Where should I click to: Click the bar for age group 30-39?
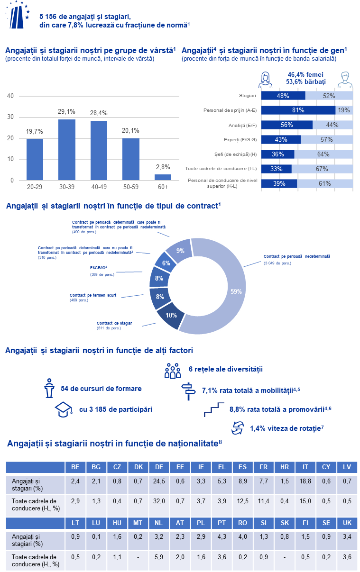[x=67, y=150]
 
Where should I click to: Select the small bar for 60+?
[x=163, y=177]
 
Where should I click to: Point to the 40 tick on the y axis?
[x=10, y=96]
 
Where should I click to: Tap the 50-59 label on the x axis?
[x=131, y=187]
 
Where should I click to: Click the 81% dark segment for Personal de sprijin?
[x=298, y=110]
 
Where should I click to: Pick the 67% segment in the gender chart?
[x=322, y=169]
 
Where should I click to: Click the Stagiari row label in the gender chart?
[x=247, y=96]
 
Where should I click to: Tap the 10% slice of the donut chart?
[x=171, y=315]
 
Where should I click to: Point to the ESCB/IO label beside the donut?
[x=98, y=268]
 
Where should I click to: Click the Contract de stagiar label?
[x=114, y=323]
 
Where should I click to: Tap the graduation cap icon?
[x=64, y=409]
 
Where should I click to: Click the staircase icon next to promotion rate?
[x=214, y=409]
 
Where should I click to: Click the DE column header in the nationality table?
[x=159, y=467]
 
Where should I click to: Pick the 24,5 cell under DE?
[x=159, y=481]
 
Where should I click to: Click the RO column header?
[x=242, y=523]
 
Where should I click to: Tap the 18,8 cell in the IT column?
[x=305, y=481]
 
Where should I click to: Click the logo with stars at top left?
[x=18, y=15]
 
